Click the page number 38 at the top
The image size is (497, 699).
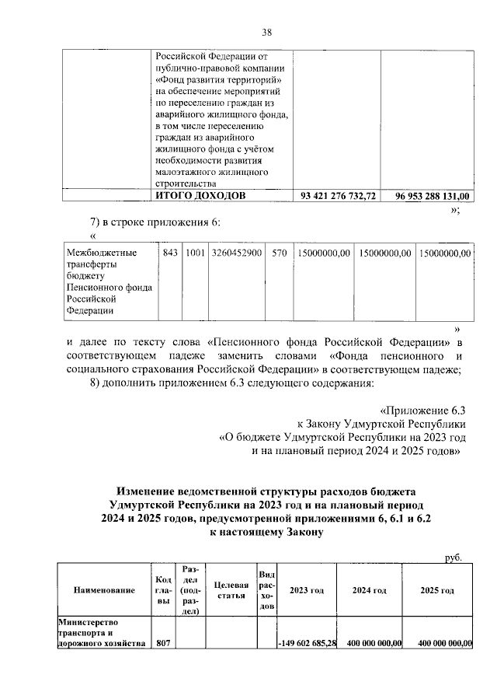click(x=266, y=32)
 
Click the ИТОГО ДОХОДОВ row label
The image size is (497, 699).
click(x=201, y=196)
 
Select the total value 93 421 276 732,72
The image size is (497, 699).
click(x=338, y=196)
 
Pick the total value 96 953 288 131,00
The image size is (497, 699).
click(x=427, y=196)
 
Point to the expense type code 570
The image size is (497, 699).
click(x=279, y=253)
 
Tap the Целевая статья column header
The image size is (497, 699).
click(x=231, y=590)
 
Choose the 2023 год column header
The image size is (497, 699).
click(x=307, y=590)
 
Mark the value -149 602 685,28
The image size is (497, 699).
click(x=308, y=643)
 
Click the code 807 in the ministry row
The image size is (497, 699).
click(x=163, y=643)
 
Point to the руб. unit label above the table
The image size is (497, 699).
click(x=453, y=557)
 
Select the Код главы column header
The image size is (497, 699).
click(x=163, y=590)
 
